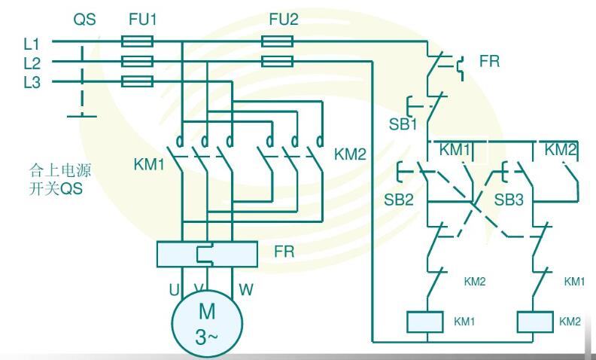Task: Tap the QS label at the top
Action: [x=84, y=20]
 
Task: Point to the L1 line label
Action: [x=32, y=44]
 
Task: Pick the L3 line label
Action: [x=32, y=82]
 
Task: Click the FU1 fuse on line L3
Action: [x=137, y=81]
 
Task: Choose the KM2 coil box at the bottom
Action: [x=535, y=322]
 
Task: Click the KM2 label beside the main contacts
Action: [x=350, y=155]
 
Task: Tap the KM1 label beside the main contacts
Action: [x=149, y=163]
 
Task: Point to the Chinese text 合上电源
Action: [x=51, y=173]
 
